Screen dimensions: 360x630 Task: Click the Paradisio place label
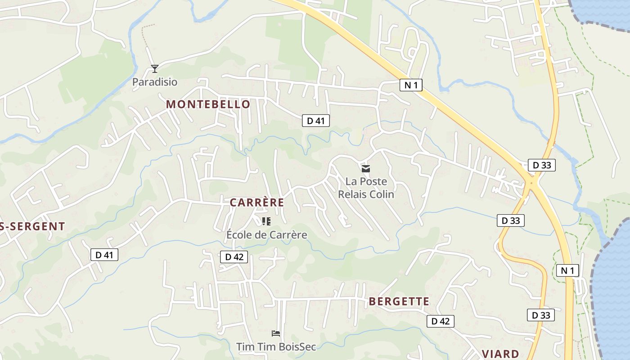click(x=154, y=82)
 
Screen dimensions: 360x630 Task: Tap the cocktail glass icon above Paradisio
click(x=155, y=69)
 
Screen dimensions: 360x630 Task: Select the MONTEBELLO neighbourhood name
click(x=208, y=104)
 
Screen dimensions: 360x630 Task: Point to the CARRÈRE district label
click(x=257, y=202)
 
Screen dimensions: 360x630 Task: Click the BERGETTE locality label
click(x=399, y=301)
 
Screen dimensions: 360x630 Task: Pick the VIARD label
click(x=500, y=354)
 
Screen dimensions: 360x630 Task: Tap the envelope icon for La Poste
click(x=366, y=169)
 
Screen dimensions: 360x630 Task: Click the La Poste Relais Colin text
click(x=366, y=188)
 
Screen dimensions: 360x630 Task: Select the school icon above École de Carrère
click(x=266, y=221)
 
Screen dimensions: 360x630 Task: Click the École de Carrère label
click(x=266, y=235)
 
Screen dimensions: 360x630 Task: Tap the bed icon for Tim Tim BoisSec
click(x=276, y=333)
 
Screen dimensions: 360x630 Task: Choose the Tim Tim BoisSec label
click(x=276, y=347)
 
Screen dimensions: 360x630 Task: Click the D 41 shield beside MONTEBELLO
click(x=315, y=121)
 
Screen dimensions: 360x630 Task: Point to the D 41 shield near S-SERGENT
click(x=104, y=255)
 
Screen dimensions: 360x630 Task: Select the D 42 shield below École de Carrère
click(x=234, y=257)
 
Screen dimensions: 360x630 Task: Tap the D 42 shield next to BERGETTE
click(x=440, y=321)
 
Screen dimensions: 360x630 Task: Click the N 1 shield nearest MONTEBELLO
click(x=411, y=85)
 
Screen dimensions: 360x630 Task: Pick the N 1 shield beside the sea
click(x=567, y=270)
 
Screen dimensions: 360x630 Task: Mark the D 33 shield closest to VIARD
click(x=540, y=315)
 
